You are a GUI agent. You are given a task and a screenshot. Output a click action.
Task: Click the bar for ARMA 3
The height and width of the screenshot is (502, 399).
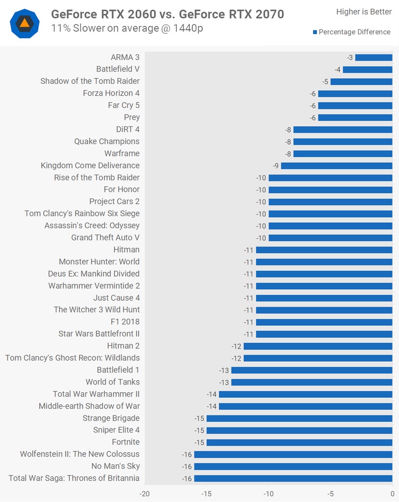tap(374, 58)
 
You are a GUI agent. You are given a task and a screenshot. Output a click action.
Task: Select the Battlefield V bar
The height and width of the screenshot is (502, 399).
tap(367, 69)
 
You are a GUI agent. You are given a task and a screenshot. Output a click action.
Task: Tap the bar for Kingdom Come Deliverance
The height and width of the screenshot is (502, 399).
tap(336, 166)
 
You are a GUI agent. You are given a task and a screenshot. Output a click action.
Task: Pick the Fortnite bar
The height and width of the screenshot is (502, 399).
tap(299, 442)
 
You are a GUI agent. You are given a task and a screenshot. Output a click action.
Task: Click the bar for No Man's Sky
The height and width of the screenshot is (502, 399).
tap(293, 467)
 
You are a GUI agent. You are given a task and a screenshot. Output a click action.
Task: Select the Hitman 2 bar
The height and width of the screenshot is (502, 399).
tap(318, 346)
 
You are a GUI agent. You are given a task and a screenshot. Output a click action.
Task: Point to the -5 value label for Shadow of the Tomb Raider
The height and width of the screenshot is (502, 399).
tap(325, 81)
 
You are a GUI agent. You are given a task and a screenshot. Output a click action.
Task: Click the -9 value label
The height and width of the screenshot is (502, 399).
tap(275, 166)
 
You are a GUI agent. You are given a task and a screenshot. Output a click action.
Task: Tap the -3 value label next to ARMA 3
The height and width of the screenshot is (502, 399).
tap(350, 58)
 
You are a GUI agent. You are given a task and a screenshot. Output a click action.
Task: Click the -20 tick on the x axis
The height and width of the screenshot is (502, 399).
tap(145, 493)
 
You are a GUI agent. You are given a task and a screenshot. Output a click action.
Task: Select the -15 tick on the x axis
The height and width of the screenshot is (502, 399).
tap(207, 493)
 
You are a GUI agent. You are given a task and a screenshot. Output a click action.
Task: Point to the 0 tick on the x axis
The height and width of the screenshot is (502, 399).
tap(392, 493)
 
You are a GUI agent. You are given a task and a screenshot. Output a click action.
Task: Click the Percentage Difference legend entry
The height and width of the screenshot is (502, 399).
tap(354, 32)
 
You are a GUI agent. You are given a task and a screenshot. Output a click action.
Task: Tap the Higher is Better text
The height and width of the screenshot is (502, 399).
tap(364, 12)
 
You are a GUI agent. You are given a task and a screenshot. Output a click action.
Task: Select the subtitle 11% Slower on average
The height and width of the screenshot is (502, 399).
tap(127, 28)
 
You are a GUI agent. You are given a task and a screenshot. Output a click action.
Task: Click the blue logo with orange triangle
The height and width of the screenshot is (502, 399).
tap(24, 23)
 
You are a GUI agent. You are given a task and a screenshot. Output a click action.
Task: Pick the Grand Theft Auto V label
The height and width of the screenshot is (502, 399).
tap(105, 238)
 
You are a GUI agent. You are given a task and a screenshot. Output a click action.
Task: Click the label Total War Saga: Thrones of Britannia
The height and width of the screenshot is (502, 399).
tap(74, 478)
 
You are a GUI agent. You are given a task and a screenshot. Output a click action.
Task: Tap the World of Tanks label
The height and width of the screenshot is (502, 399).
tap(112, 382)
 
